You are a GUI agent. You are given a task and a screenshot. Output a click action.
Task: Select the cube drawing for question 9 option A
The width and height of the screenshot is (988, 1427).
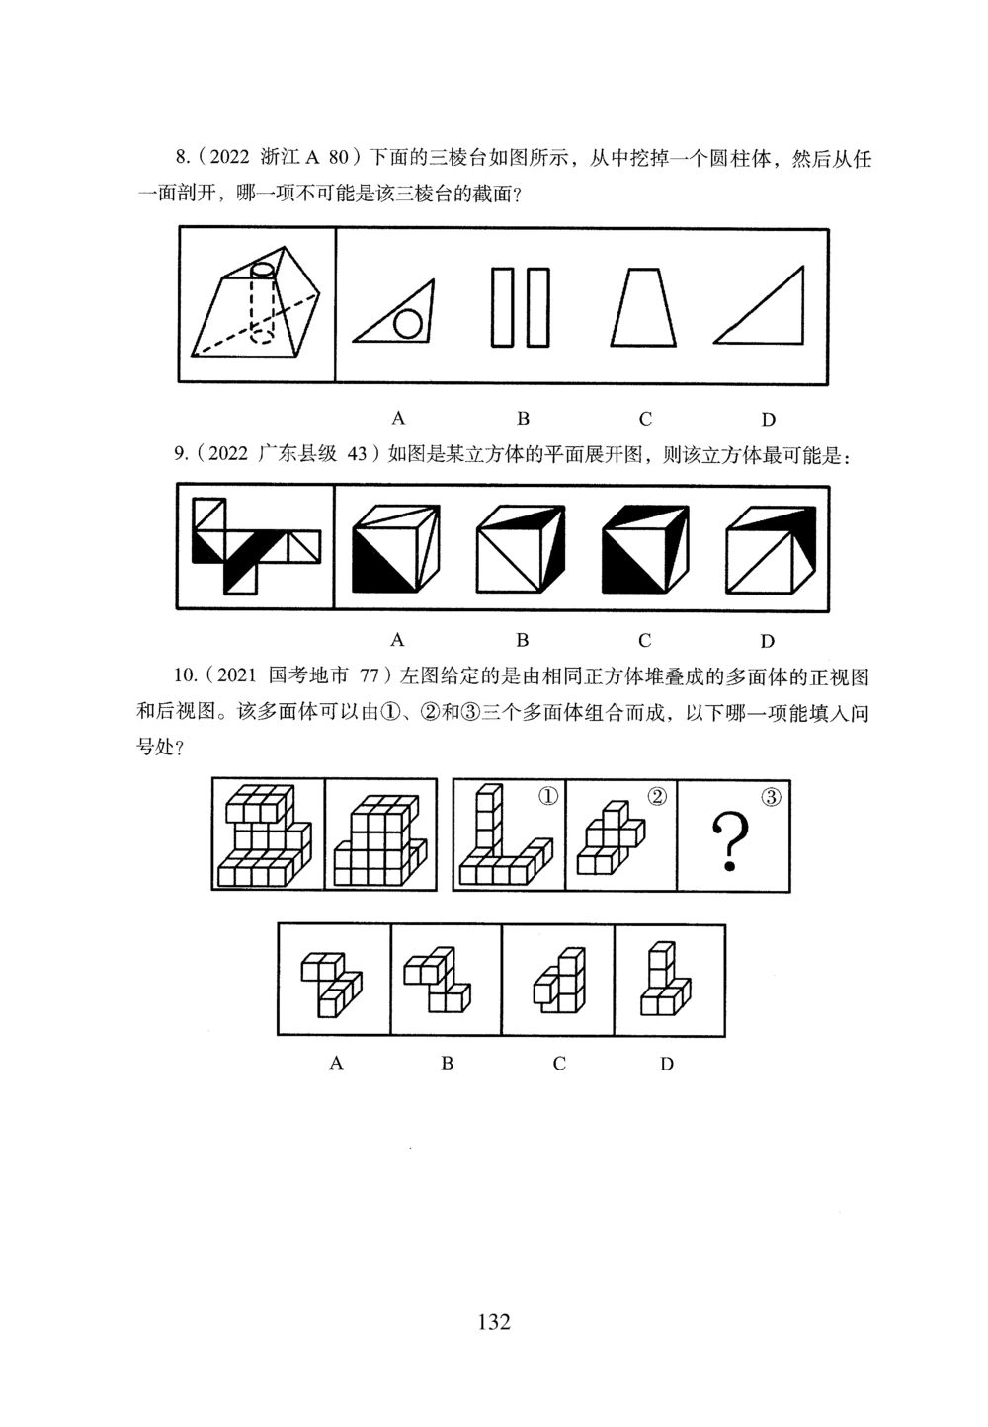click(396, 548)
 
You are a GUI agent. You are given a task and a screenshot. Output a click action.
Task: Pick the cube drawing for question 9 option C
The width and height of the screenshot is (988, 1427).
click(645, 548)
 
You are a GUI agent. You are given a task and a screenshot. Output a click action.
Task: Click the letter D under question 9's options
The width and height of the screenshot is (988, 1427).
click(767, 640)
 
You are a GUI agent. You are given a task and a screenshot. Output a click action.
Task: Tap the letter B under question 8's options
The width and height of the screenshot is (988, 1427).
click(524, 418)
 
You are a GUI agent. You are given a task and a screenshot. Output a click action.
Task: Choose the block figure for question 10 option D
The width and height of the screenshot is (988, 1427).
click(666, 980)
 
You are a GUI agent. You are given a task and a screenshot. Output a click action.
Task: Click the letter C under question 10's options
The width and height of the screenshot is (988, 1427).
click(559, 1064)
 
